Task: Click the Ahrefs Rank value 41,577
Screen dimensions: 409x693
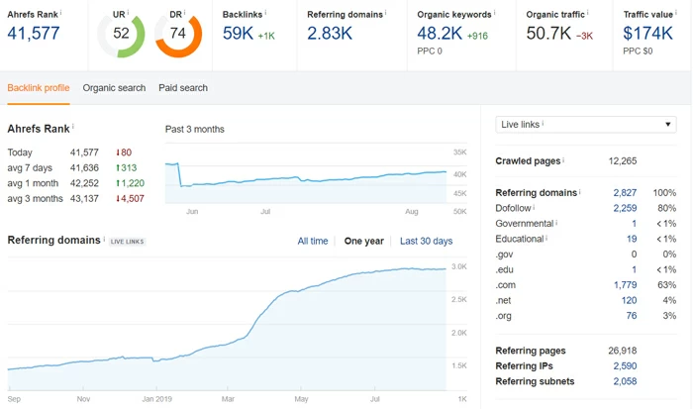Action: click(x=34, y=33)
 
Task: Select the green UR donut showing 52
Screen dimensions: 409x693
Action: click(x=121, y=34)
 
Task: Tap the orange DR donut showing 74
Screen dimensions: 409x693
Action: click(x=178, y=34)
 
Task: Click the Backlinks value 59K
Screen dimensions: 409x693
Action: click(x=239, y=33)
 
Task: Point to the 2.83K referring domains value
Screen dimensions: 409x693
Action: click(x=330, y=33)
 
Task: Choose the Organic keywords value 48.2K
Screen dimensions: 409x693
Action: click(x=441, y=33)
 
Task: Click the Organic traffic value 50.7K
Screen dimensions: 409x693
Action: click(x=549, y=33)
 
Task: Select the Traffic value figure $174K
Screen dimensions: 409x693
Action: click(x=646, y=33)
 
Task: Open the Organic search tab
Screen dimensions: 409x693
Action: click(x=114, y=88)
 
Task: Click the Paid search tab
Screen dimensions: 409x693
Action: click(x=183, y=88)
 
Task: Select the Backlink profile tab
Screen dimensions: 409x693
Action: click(x=39, y=88)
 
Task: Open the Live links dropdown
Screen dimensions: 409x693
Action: click(x=586, y=124)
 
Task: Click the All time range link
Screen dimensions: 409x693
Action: click(x=313, y=242)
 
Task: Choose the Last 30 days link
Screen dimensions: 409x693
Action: click(x=426, y=242)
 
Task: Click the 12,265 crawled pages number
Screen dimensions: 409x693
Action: click(x=623, y=161)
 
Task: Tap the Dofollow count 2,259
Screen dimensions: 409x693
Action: click(x=625, y=209)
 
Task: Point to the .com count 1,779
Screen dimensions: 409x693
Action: click(x=625, y=285)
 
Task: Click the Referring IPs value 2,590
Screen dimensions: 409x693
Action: click(x=625, y=366)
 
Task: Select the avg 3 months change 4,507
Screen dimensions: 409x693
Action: click(x=130, y=199)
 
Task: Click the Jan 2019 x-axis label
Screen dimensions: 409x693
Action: click(x=157, y=399)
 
